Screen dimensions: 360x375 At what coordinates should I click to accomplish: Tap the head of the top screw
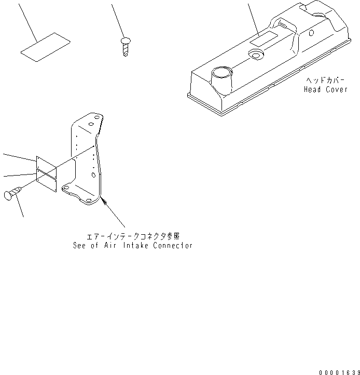click(x=125, y=41)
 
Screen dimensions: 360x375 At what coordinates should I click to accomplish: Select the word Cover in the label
click(x=337, y=89)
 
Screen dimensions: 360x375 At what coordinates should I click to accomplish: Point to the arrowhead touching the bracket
click(x=103, y=197)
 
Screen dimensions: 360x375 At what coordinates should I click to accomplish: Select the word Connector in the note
click(x=173, y=245)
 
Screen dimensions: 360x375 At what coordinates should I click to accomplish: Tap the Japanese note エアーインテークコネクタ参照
click(x=133, y=236)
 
